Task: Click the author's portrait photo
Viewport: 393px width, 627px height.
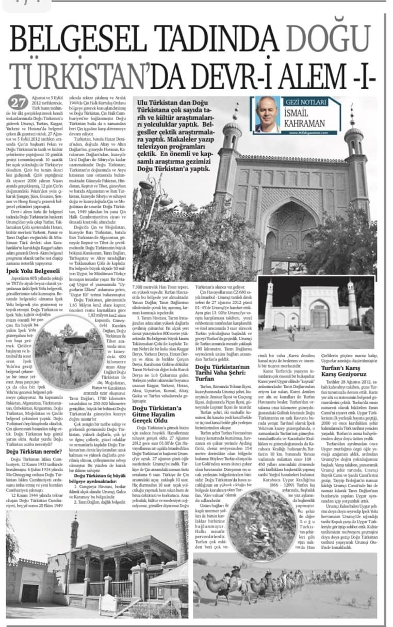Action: pos(268,114)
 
